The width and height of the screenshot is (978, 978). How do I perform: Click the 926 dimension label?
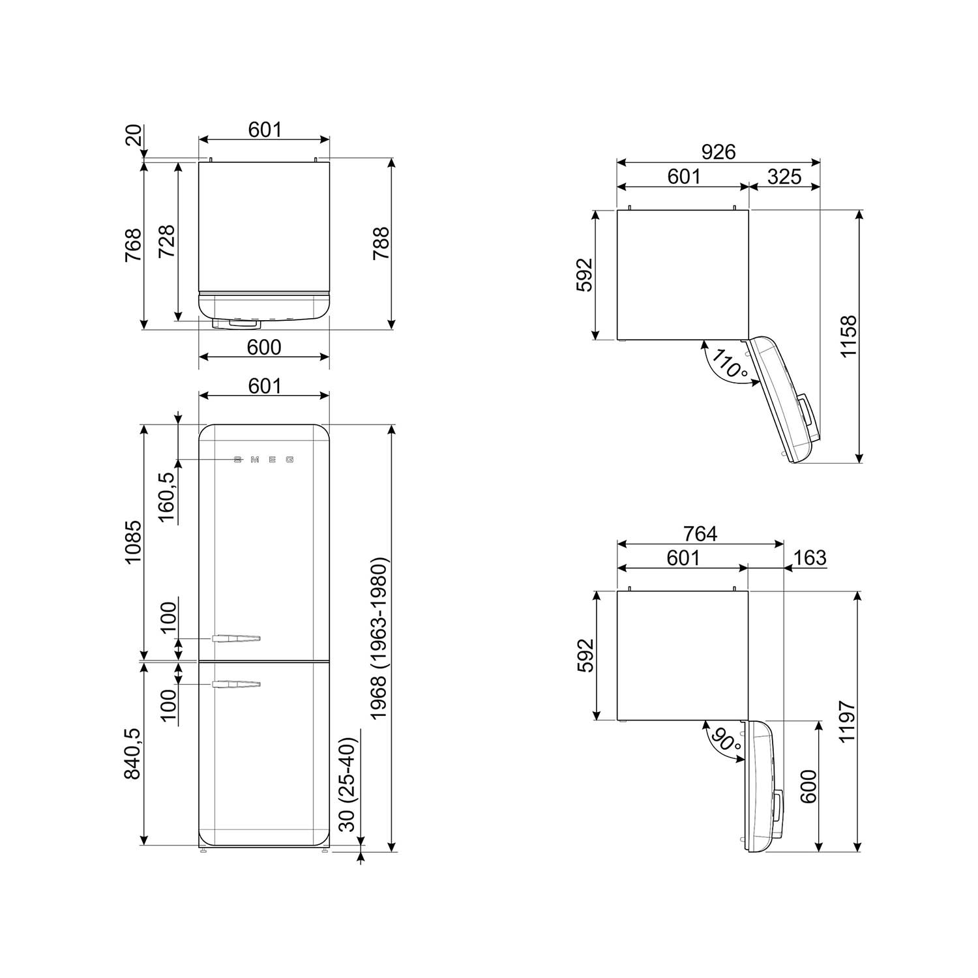click(718, 152)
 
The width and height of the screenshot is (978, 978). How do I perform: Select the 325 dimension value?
click(784, 177)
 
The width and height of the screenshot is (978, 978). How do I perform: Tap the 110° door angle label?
click(730, 364)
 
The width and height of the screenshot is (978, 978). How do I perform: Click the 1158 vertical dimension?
click(848, 336)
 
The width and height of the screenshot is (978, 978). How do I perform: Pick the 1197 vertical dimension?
click(847, 722)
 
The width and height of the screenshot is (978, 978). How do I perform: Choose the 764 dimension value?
click(700, 534)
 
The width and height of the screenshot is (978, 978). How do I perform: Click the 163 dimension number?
click(810, 558)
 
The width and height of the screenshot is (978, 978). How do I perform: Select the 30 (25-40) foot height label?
click(348, 785)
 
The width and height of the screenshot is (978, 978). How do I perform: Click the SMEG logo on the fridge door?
click(264, 460)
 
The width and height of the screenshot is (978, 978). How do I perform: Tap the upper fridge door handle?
click(235, 638)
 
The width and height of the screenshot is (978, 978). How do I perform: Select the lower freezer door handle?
click(235, 684)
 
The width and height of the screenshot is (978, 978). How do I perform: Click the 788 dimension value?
click(381, 243)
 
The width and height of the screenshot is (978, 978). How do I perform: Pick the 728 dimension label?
click(167, 241)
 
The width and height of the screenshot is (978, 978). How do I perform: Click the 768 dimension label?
click(133, 244)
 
